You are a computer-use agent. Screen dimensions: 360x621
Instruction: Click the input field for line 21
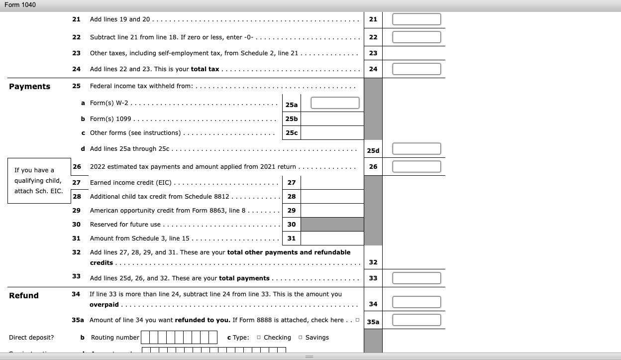[416, 19]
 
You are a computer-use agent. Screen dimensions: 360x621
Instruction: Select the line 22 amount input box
[416, 37]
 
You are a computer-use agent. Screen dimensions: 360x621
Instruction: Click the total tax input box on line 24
[416, 69]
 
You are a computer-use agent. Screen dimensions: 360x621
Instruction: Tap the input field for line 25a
[335, 103]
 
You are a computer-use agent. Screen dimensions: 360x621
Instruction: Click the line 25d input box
[416, 149]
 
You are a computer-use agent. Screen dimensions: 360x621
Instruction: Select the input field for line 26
[416, 166]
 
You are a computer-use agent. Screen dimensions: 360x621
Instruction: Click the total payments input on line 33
[416, 278]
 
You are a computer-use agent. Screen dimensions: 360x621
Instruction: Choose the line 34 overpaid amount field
[416, 302]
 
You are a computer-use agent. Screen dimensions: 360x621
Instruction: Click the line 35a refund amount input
[416, 320]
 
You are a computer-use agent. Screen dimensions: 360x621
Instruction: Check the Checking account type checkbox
[259, 338]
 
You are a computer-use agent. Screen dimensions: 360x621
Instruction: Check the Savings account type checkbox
[300, 338]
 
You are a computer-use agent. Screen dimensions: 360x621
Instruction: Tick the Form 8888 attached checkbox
[357, 320]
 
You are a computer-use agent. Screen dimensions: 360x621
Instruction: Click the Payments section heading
[30, 87]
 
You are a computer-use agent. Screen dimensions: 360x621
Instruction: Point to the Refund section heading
[24, 296]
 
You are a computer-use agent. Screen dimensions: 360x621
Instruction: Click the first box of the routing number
[145, 338]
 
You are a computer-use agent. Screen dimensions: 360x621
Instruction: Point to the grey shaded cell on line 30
[332, 225]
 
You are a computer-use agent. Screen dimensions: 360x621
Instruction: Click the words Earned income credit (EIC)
[130, 183]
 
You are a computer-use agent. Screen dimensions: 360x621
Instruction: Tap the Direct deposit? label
[31, 338]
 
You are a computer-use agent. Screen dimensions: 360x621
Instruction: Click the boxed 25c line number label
[292, 133]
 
